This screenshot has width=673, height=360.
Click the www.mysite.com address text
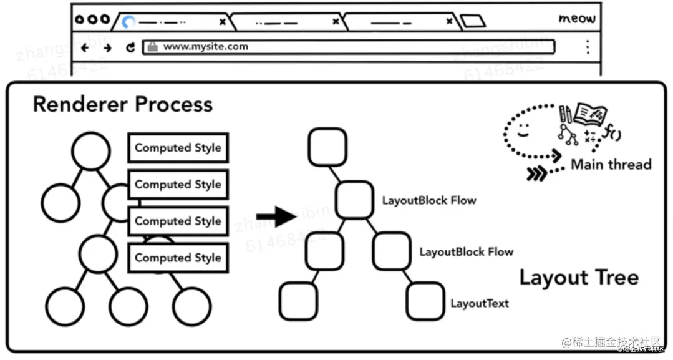[196, 47]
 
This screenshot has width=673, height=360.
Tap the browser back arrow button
[85, 47]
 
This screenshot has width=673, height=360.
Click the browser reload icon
[130, 47]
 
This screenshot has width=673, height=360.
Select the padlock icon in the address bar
[151, 47]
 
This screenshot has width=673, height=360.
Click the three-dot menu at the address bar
[587, 47]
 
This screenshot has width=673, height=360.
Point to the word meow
[577, 19]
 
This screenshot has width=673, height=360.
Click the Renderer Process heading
[122, 104]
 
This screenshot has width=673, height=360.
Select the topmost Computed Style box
[178, 148]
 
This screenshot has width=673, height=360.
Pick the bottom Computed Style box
[178, 258]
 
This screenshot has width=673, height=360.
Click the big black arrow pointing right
[276, 217]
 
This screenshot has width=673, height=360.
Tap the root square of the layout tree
[327, 147]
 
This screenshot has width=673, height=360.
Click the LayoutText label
[480, 304]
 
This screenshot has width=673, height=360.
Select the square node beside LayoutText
[425, 301]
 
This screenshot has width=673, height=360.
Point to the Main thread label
[611, 165]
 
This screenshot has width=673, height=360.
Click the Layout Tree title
[579, 277]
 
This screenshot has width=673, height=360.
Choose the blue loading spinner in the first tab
[129, 22]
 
